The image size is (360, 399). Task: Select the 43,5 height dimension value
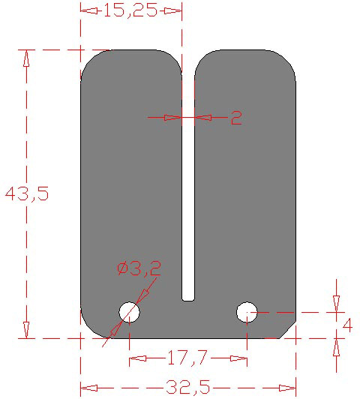coord(26,193)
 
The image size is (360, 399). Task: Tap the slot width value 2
coord(235,118)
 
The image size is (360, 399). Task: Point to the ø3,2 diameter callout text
coord(139,268)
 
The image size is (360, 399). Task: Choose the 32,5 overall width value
coord(187,388)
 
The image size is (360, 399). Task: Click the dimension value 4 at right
coord(347,325)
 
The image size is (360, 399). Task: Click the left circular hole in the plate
coord(129,311)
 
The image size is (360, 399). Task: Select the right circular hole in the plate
coord(247,310)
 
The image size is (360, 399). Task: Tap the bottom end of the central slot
coord(188,298)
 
